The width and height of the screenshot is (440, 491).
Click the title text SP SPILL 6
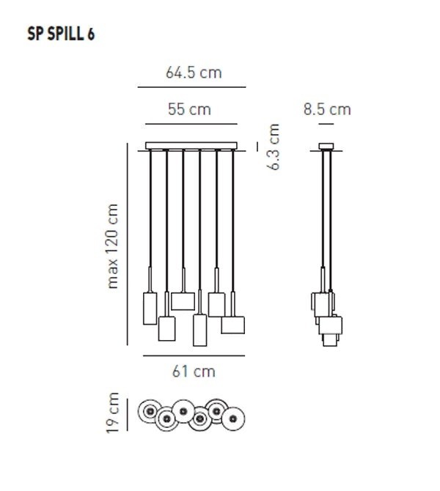click(61, 34)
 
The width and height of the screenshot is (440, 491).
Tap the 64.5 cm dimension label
click(194, 73)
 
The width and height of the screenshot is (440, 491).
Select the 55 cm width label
click(189, 110)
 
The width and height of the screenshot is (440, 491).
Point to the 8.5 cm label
click(327, 110)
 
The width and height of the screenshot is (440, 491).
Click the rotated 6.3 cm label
click(274, 147)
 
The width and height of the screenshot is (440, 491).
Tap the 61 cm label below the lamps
click(194, 372)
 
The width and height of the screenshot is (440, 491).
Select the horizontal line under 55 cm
click(191, 124)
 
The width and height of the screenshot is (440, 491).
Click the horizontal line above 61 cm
click(194, 357)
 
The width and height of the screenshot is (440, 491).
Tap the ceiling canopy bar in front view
click(193, 145)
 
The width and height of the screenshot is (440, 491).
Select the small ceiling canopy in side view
click(327, 145)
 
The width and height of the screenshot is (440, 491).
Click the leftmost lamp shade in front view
click(150, 308)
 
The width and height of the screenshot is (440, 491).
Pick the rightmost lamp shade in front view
click(233, 325)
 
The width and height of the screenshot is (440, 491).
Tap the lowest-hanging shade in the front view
click(199, 331)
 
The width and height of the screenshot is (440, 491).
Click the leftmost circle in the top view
click(151, 410)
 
